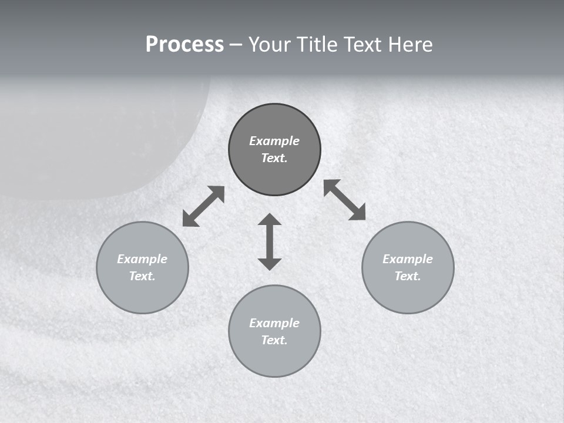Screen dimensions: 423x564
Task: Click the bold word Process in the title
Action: [184, 45]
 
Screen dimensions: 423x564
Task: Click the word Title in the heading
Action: [318, 45]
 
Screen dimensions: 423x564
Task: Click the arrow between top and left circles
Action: [203, 206]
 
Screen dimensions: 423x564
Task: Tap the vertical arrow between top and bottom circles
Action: [270, 241]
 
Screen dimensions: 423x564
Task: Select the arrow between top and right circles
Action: [345, 200]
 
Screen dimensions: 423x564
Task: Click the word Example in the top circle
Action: [274, 141]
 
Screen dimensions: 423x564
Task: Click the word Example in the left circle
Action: [142, 259]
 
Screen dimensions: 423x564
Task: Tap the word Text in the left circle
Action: [142, 276]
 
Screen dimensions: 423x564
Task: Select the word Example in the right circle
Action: [408, 259]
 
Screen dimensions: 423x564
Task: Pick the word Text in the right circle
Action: [407, 276]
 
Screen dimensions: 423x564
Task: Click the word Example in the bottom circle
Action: [274, 323]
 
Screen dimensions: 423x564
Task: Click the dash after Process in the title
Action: [236, 45]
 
